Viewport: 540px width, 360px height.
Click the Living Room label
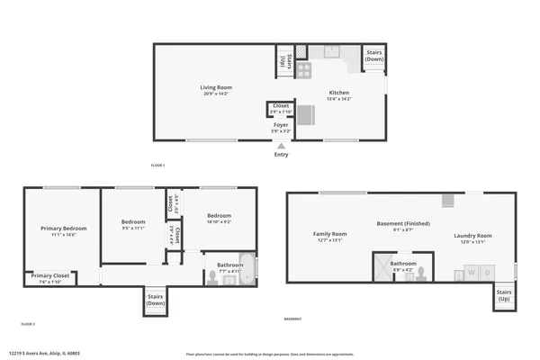point(215,87)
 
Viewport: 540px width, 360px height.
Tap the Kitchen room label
point(338,93)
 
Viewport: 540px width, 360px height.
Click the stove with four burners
point(304,68)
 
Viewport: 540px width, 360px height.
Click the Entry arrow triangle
point(281,145)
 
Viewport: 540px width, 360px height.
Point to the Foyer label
point(281,125)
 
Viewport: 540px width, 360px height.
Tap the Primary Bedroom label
point(63,229)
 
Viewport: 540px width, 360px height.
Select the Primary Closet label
point(50,277)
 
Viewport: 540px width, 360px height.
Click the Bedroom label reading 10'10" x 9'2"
point(220,215)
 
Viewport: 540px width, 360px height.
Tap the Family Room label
point(330,234)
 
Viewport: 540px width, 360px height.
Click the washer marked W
point(469,272)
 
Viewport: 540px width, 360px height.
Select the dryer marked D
point(487,272)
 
